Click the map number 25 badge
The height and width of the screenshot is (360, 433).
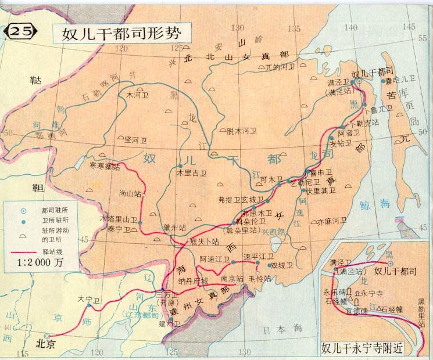(x=20, y=33)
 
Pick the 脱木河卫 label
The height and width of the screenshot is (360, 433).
(x=239, y=131)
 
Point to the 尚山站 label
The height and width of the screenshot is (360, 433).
(x=130, y=195)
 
